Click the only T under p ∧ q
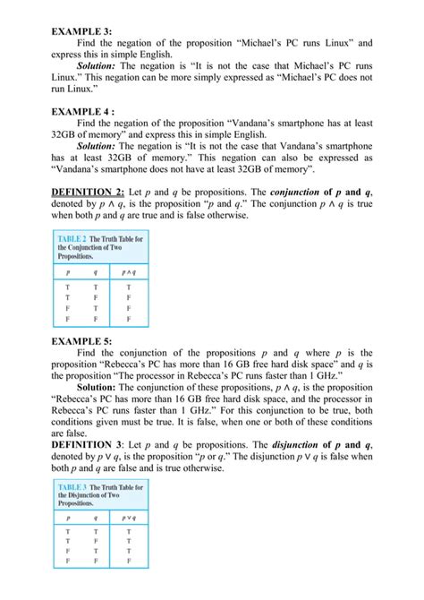[129, 287]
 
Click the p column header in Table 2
[66, 271]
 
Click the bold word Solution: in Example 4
[102, 144]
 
